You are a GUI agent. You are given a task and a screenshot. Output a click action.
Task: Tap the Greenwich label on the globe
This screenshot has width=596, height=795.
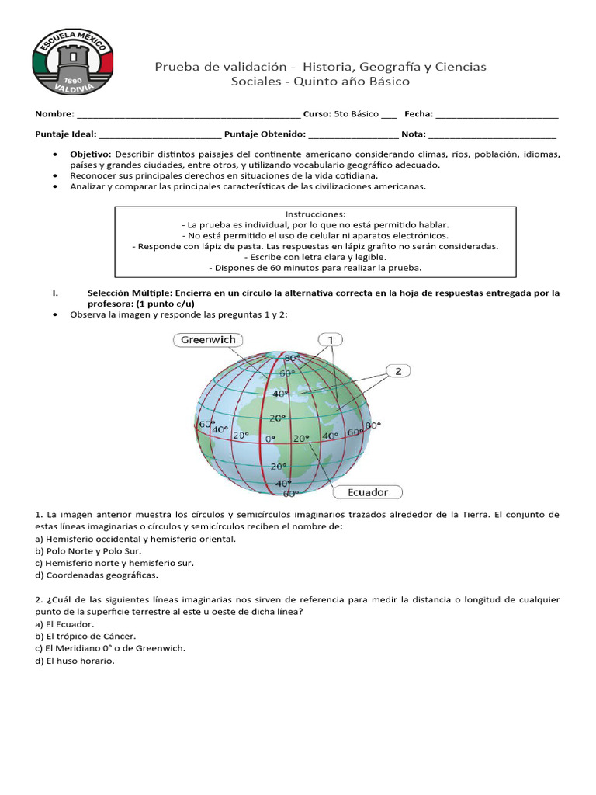tap(208, 339)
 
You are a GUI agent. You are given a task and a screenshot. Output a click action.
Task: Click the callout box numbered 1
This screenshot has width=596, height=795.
tap(331, 339)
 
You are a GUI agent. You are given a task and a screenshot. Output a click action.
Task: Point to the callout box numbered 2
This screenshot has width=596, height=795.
tap(397, 370)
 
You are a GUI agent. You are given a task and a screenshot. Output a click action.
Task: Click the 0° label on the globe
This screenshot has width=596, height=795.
tap(271, 439)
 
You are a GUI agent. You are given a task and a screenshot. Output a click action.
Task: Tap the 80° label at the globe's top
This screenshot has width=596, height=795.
tap(291, 358)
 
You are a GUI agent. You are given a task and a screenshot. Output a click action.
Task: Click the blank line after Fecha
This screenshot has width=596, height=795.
tap(497, 114)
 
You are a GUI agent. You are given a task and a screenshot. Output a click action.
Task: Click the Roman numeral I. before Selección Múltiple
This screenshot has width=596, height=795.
tap(54, 293)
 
